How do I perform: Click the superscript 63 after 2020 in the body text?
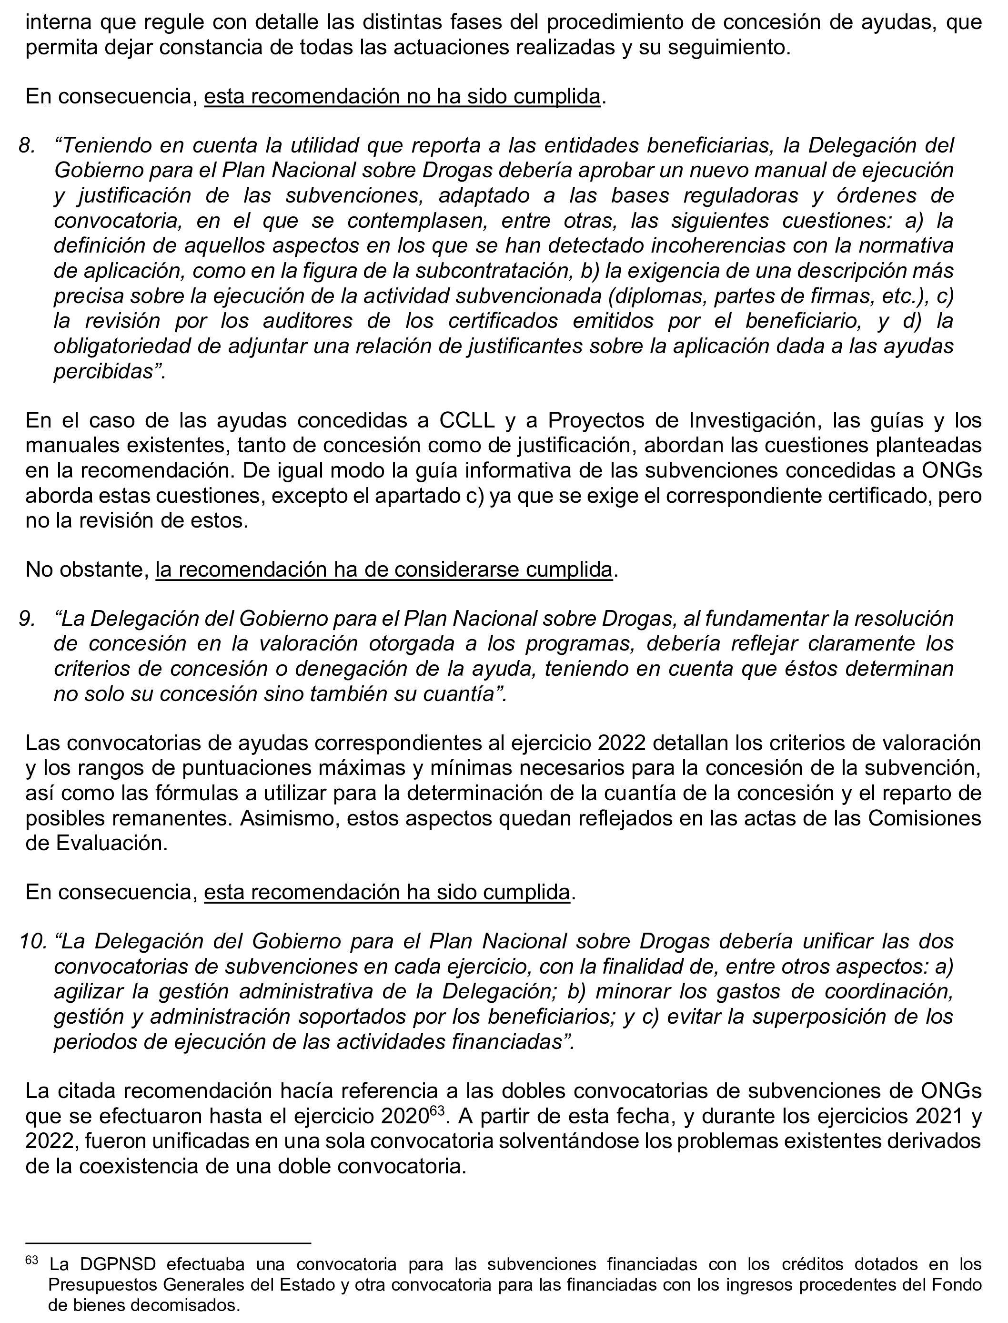(437, 1110)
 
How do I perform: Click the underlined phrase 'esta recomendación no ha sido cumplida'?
(402, 97)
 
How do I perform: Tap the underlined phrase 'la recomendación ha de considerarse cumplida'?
(384, 570)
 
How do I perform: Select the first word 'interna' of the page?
(57, 22)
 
